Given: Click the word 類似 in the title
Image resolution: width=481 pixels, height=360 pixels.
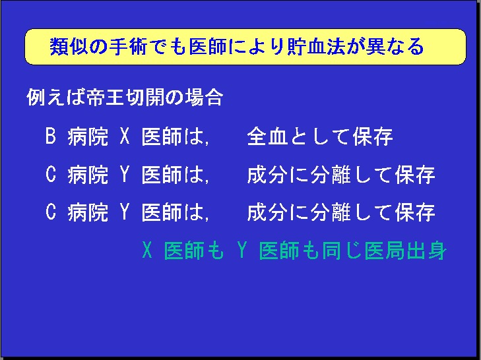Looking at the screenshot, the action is tap(68, 47).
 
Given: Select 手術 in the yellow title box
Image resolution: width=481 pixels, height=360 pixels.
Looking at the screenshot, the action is tap(128, 47).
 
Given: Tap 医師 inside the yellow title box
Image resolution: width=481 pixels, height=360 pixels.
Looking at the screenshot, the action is tap(208, 47).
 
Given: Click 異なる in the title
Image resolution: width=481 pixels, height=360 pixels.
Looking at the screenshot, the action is tap(395, 47).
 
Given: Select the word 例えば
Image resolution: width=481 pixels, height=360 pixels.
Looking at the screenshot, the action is tap(56, 98).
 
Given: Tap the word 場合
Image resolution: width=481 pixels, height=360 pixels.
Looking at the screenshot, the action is tap(203, 98).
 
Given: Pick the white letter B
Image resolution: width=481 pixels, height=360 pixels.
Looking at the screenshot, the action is tap(51, 136).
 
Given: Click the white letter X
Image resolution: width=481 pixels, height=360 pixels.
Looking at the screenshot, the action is tap(125, 136).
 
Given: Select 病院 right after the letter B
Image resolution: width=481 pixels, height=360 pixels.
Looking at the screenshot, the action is tap(88, 136).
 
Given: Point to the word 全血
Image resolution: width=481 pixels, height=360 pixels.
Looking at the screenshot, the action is tap(267, 136).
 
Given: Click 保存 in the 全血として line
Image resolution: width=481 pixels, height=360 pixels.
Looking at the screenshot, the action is tap(373, 136).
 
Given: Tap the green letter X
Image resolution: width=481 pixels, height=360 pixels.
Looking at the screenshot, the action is tap(147, 250).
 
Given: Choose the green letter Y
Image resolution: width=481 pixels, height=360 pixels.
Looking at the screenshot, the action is tap(242, 250).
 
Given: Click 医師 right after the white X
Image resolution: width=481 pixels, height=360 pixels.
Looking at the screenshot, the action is tap(162, 136).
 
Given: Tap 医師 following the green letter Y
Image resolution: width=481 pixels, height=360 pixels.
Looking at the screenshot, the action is tap(279, 251).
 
